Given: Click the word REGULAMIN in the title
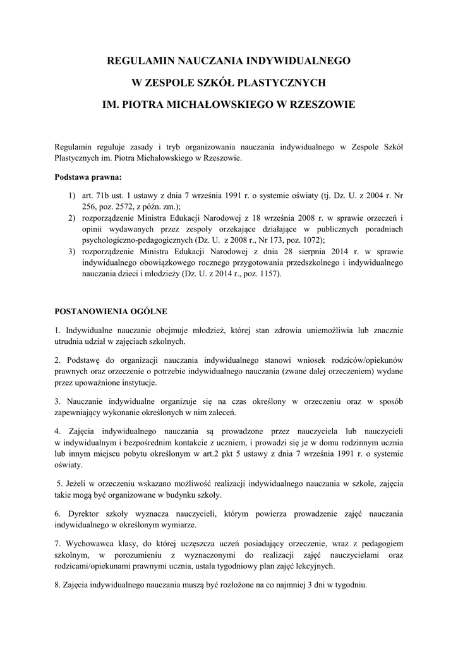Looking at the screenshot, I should (x=137, y=61).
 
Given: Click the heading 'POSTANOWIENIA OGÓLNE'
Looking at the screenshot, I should (x=111, y=311).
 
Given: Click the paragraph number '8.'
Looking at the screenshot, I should (x=57, y=584).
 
